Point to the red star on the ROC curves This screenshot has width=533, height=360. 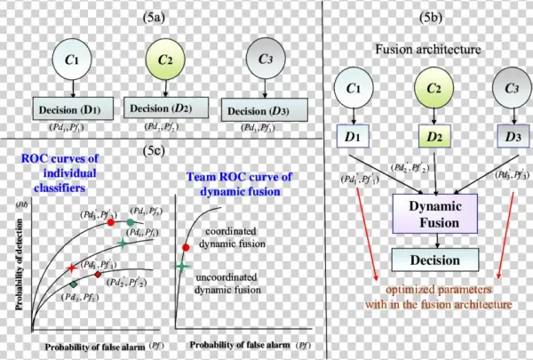coord(70,268)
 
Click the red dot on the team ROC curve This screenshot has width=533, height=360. coord(186,246)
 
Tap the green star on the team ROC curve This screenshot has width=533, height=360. coord(182,265)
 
